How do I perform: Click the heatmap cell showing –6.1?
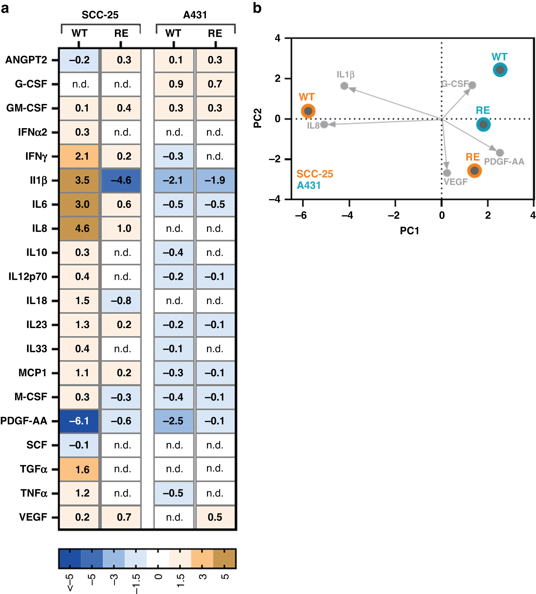(79, 421)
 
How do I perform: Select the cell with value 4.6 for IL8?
(79, 228)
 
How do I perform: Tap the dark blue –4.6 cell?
(121, 180)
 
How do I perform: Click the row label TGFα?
(34, 469)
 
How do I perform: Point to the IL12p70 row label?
(28, 277)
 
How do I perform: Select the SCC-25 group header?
(100, 15)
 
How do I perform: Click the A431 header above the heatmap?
(195, 15)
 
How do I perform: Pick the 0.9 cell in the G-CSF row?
(174, 84)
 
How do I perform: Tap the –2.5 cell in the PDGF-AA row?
(174, 421)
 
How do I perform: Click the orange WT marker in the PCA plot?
(308, 111)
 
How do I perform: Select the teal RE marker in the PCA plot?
(483, 125)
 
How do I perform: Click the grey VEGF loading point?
(447, 173)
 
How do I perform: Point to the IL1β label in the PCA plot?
(345, 75)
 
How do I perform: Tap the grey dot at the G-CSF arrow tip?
(472, 85)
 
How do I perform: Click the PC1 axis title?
(409, 231)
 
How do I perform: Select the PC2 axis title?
(258, 118)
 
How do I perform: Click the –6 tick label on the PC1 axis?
(301, 215)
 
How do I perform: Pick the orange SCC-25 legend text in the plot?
(315, 174)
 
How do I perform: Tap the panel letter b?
(257, 8)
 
